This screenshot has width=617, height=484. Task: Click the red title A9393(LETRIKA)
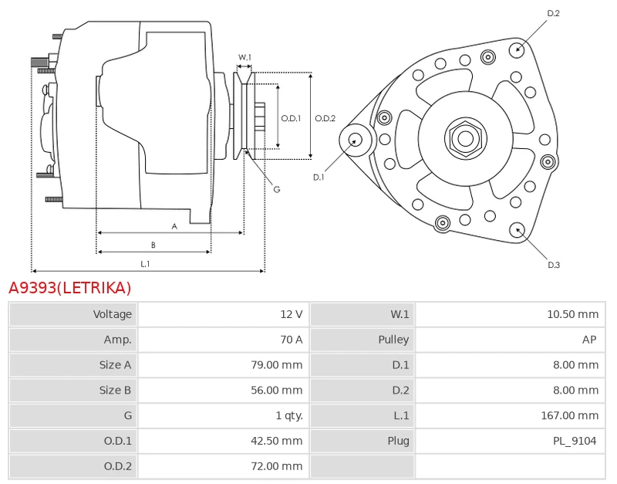(69, 288)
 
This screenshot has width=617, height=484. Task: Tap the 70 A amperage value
(292, 340)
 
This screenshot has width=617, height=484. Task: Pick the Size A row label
(115, 365)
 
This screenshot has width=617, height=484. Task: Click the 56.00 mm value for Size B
(277, 391)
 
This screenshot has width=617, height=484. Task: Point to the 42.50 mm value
(277, 441)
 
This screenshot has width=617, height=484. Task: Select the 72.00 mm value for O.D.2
(277, 466)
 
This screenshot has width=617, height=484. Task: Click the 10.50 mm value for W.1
(572, 314)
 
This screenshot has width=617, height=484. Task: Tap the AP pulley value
(589, 340)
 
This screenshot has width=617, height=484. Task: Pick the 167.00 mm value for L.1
(570, 415)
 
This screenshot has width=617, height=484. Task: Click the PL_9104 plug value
(575, 441)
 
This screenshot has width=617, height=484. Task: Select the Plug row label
(398, 441)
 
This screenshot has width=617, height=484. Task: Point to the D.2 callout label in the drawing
(553, 13)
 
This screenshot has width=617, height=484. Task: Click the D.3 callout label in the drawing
(554, 265)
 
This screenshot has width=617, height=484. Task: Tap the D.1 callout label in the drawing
(319, 178)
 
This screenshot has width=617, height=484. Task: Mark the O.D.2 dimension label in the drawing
(325, 118)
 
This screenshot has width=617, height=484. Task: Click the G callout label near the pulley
(277, 189)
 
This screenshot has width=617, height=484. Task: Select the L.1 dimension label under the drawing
(145, 264)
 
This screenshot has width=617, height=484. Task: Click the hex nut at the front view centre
(466, 139)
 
